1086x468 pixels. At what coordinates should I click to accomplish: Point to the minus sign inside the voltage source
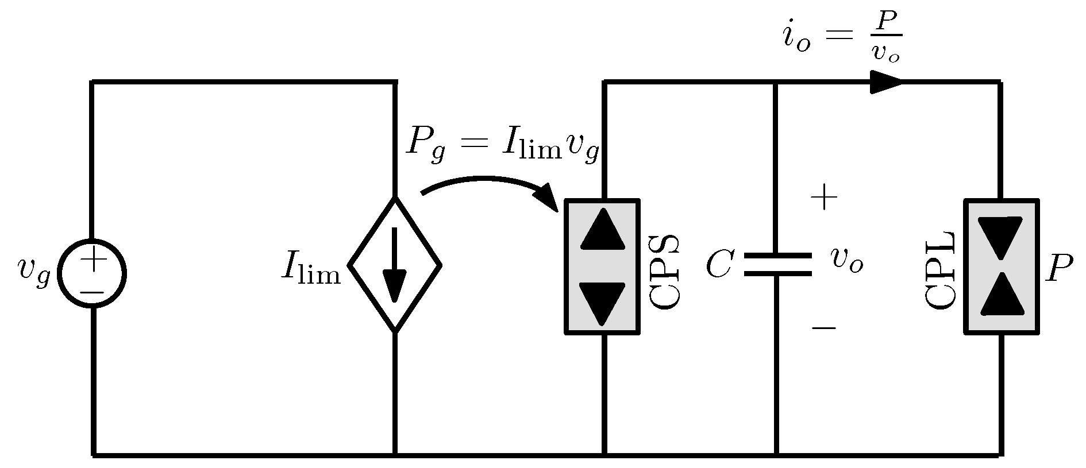click(x=92, y=292)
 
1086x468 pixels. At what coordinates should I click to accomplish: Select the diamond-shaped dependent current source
click(x=395, y=265)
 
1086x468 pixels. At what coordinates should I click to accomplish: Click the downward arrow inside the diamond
click(x=395, y=265)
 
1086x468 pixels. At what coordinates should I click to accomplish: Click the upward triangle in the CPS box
click(x=602, y=230)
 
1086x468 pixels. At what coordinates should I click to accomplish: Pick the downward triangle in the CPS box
click(x=602, y=302)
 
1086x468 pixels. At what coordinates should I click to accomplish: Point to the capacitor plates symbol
click(x=777, y=265)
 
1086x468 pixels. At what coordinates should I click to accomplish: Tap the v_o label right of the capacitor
click(x=846, y=262)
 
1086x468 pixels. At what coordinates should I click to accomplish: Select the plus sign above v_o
click(x=823, y=198)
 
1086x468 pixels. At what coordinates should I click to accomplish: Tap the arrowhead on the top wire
click(x=886, y=82)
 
